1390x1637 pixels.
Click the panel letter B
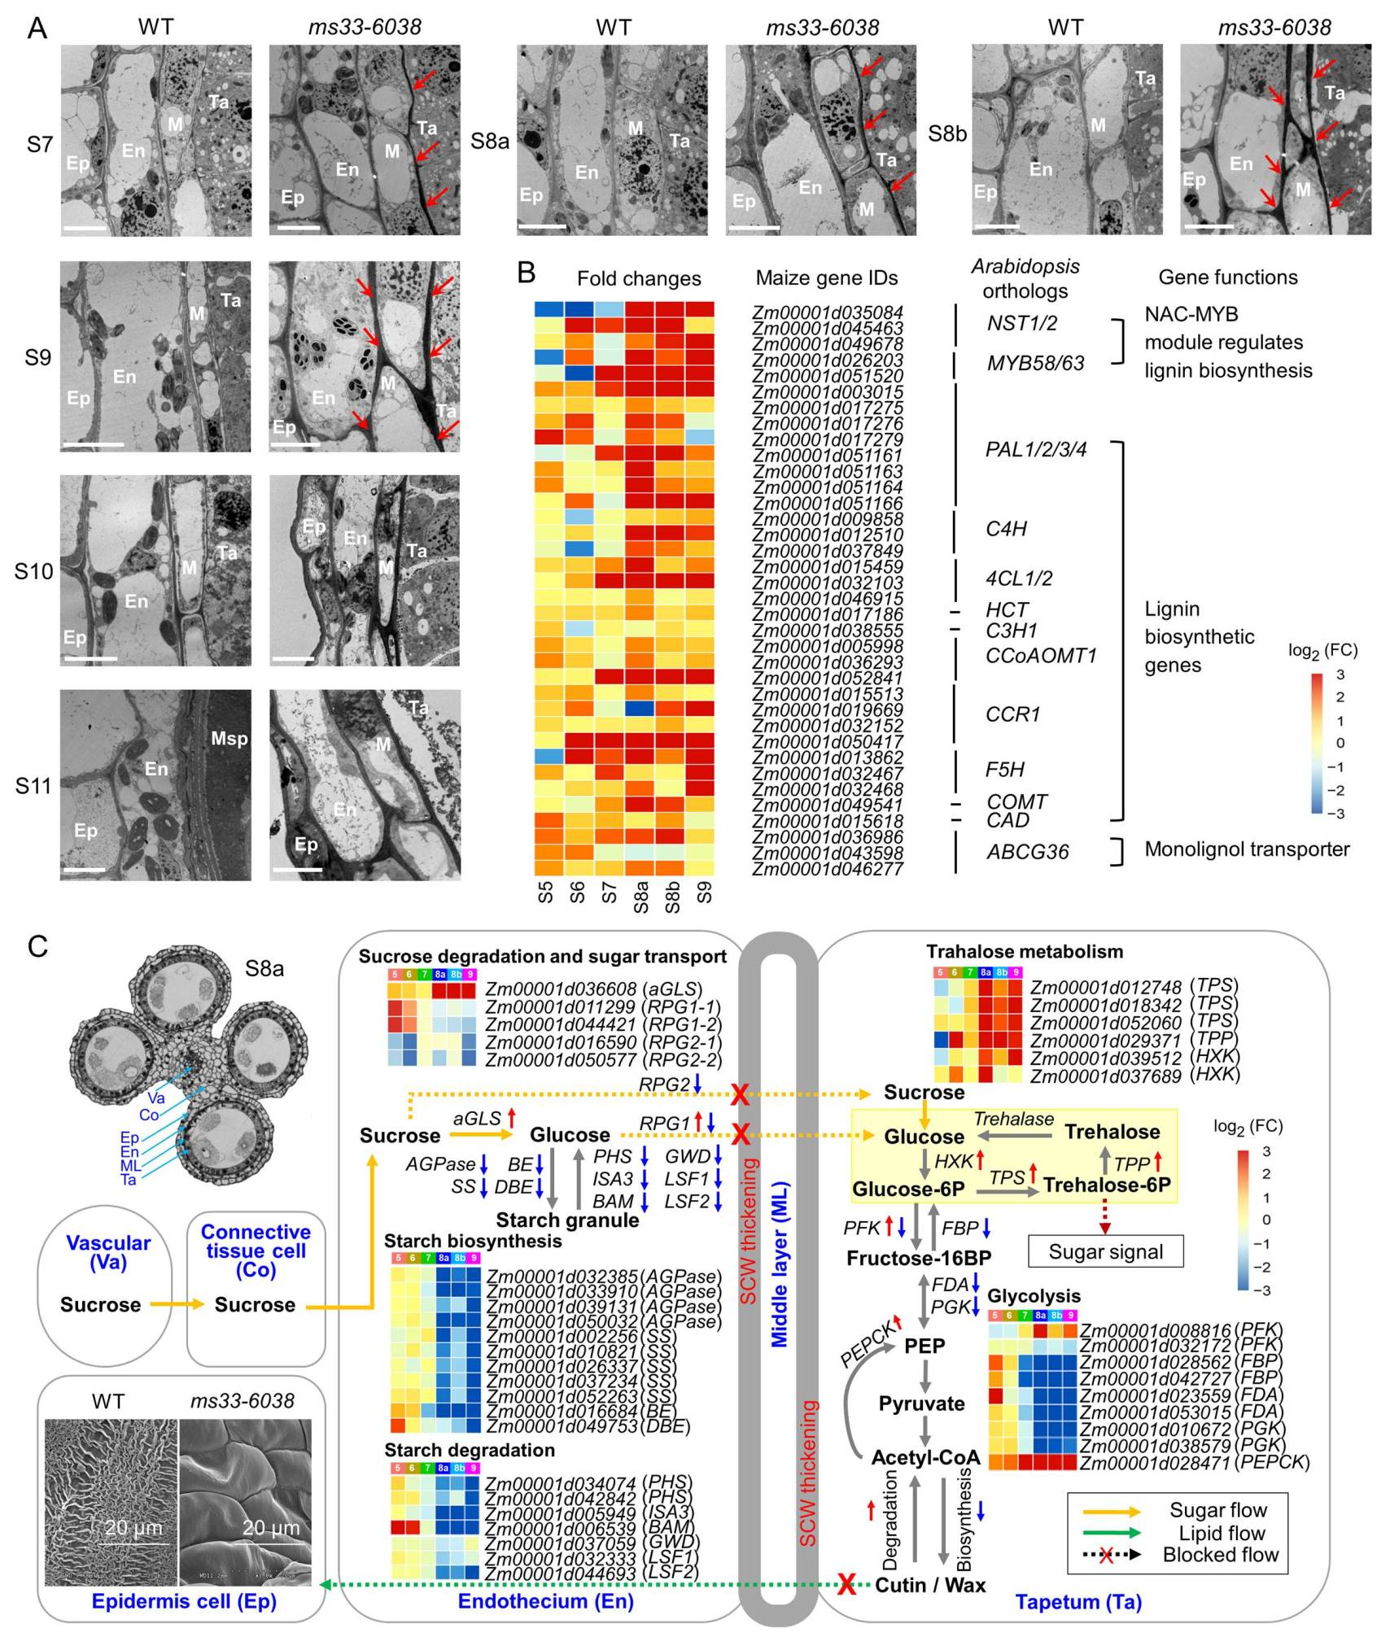[x=527, y=273]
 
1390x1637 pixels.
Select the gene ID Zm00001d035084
[x=827, y=312]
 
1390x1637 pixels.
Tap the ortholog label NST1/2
[x=1021, y=323]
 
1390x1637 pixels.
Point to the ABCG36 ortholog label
[x=1027, y=852]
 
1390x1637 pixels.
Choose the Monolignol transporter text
[x=1247, y=849]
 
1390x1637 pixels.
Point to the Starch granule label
[x=567, y=1220]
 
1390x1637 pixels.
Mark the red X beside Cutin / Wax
[x=846, y=1584]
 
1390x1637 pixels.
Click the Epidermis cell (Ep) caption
[x=184, y=1601]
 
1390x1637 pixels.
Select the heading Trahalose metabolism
[x=1025, y=951]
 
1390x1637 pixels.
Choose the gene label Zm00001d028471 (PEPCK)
[x=1194, y=1462]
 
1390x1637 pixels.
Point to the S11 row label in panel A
[x=33, y=786]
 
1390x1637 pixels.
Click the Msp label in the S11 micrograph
[x=229, y=739]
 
